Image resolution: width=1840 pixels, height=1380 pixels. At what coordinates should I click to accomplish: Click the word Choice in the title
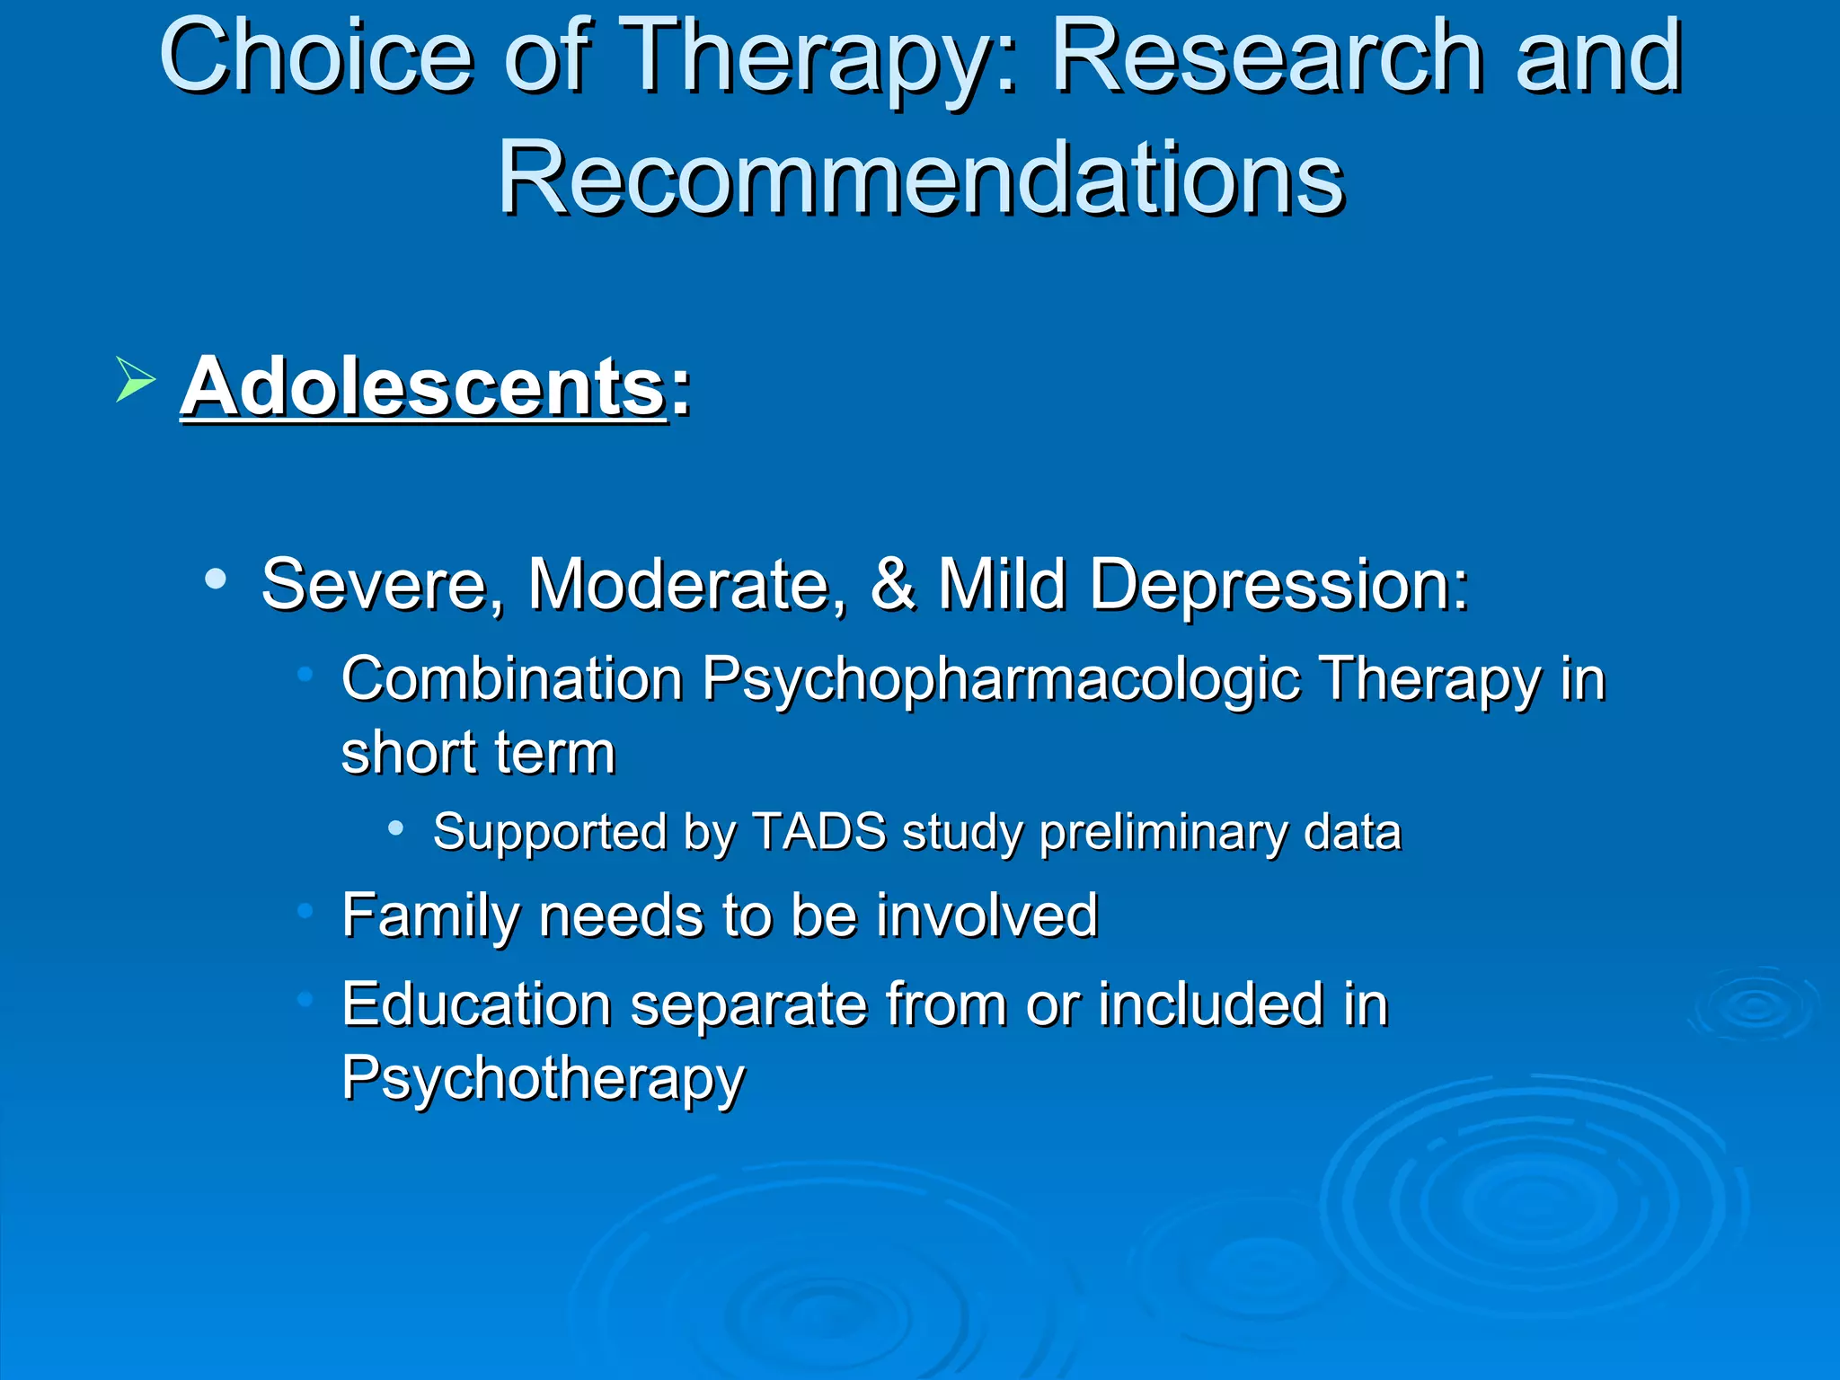(315, 58)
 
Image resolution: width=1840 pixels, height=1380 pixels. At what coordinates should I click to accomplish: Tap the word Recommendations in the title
(920, 180)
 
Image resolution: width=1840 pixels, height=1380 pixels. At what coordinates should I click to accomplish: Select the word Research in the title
(1268, 58)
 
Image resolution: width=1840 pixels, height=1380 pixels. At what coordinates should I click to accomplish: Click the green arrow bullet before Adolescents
(135, 378)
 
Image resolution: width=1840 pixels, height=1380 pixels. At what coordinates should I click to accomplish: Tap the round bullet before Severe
(215, 579)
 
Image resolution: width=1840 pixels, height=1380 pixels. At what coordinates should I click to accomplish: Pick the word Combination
(512, 679)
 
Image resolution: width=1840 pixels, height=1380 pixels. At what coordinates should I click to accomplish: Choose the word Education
(476, 1004)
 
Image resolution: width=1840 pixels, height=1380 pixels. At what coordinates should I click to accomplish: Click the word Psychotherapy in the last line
(543, 1079)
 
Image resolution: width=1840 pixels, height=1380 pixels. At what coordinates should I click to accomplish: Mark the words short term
(478, 753)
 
